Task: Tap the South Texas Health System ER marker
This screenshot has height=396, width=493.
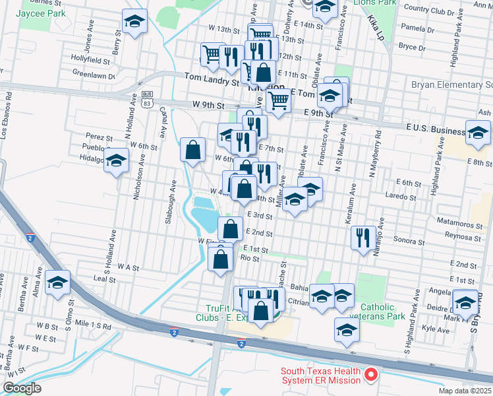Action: (370, 376)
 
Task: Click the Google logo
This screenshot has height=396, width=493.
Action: (22, 387)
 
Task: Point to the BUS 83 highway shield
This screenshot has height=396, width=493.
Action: (147, 99)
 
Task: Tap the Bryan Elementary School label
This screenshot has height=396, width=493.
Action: (451, 85)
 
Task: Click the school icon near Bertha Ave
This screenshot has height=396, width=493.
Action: (58, 283)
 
